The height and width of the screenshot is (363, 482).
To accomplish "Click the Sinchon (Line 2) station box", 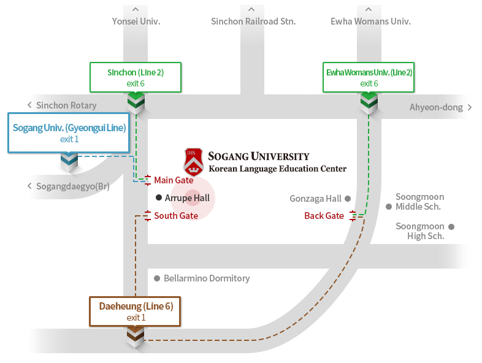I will (x=136, y=77).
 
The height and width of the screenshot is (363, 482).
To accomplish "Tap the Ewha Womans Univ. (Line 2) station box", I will (x=369, y=77).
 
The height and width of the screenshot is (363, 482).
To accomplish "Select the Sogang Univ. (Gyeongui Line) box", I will (x=69, y=132).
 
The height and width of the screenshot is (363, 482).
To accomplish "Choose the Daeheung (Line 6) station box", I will (x=135, y=311).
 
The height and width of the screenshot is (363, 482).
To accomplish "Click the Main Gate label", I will (x=174, y=180).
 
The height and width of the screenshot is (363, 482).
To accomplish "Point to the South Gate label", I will (x=176, y=216).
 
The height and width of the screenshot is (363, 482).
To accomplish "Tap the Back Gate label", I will (x=324, y=216).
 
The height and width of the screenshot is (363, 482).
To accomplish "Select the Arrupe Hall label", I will (x=187, y=198).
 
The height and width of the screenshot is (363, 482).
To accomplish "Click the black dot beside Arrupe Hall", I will (x=159, y=197).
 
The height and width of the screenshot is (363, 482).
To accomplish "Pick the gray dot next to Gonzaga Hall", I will (x=347, y=199).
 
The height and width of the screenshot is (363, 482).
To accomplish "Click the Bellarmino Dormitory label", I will (x=207, y=278).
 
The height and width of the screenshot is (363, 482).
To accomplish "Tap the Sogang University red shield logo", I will (x=193, y=161).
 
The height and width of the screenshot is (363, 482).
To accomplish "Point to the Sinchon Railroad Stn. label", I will (x=253, y=21).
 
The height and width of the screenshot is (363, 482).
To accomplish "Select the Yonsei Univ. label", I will (x=136, y=21).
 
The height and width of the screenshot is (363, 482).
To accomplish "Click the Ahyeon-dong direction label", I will (x=436, y=108).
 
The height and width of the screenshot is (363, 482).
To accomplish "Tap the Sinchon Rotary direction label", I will (x=66, y=105).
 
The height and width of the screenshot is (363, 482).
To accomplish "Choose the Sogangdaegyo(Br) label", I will (x=72, y=186).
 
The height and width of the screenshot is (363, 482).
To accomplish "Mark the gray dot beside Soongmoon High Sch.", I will (x=451, y=227).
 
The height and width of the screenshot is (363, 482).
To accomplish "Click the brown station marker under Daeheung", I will (x=135, y=336).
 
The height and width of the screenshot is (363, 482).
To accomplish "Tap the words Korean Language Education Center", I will (x=277, y=169).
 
